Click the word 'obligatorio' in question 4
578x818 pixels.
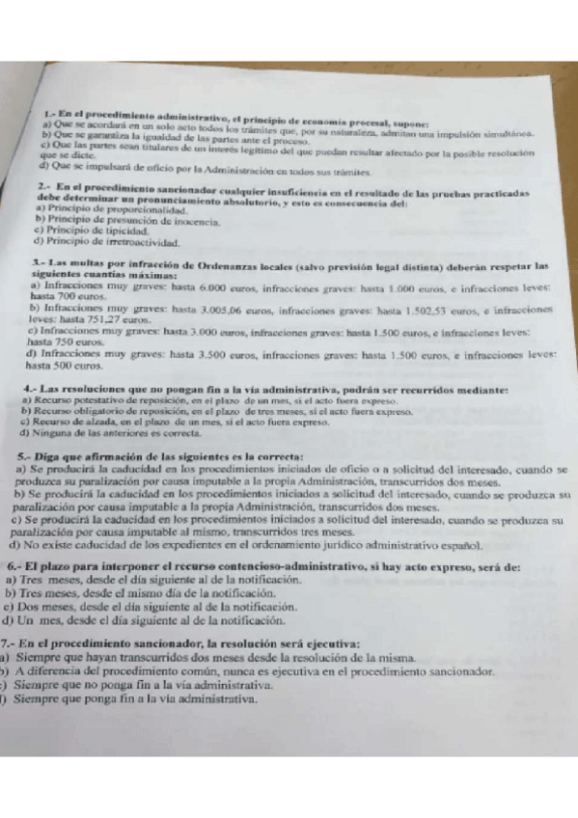coord(106,410)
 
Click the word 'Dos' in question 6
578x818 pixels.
coord(26,610)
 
